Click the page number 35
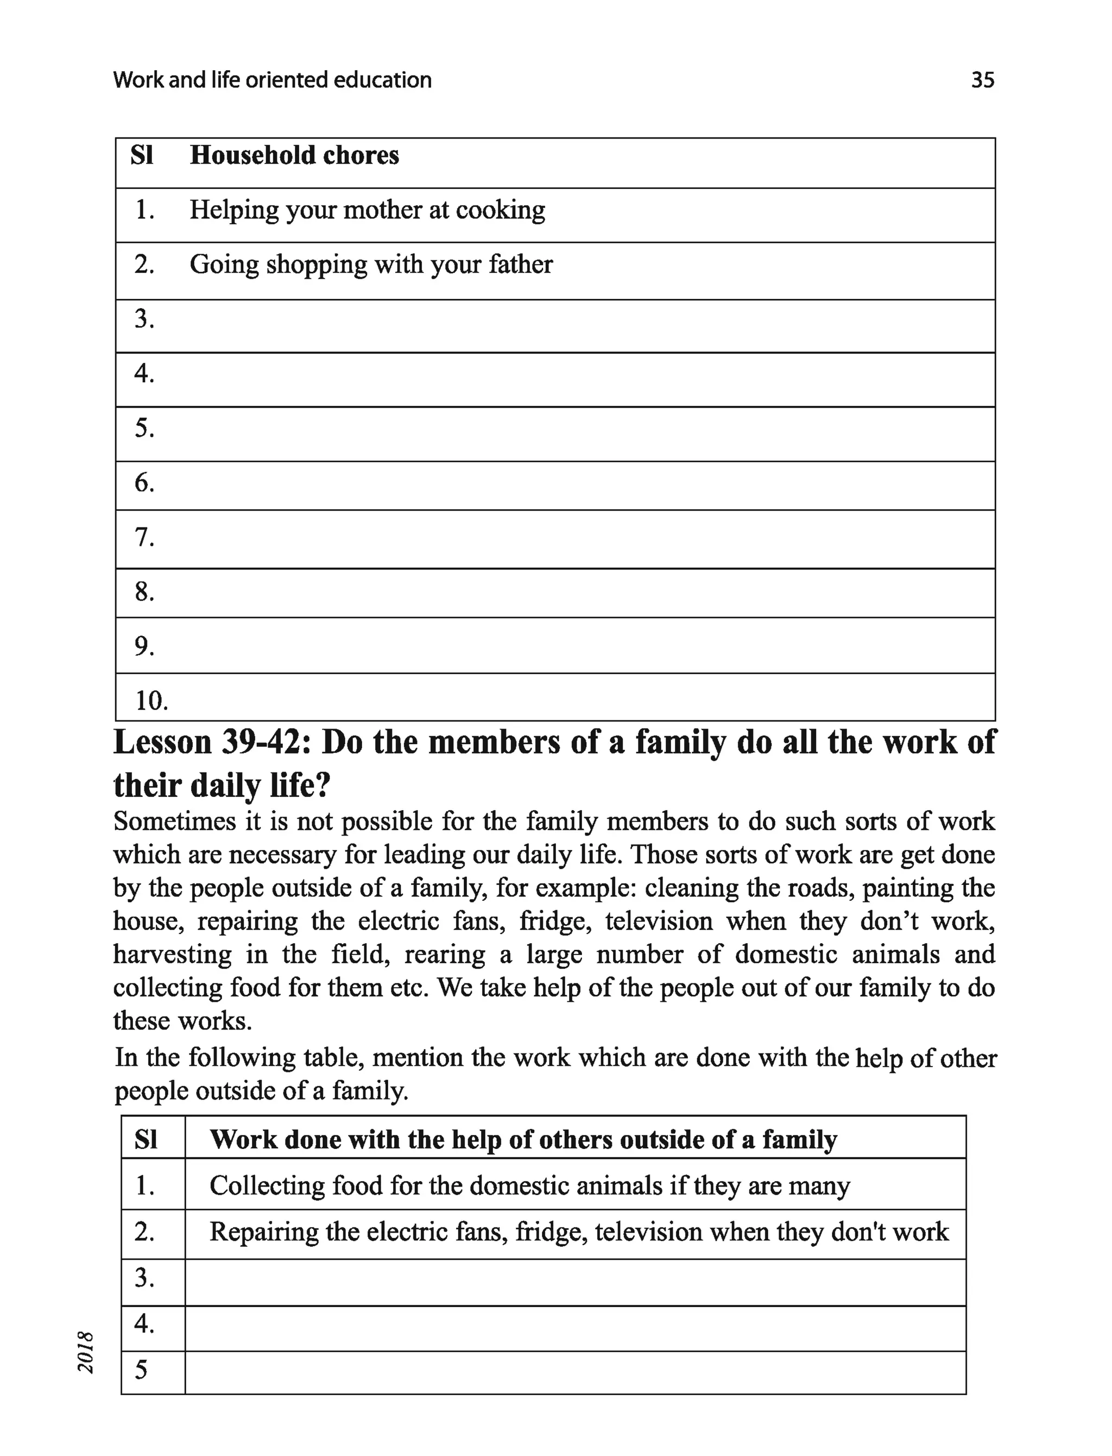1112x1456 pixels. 982,80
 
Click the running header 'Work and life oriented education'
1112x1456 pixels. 272,80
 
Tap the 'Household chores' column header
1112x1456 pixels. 294,155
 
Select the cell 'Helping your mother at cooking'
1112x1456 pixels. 368,211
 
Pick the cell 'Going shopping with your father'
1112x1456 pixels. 371,265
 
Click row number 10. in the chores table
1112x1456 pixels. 151,700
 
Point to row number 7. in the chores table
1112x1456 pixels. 144,537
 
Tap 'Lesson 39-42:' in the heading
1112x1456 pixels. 212,742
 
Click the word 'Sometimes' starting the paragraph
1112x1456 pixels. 175,821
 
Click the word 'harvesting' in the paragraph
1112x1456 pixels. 172,955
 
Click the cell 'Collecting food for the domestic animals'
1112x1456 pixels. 529,1185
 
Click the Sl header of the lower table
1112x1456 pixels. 146,1139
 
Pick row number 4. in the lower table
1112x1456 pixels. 144,1323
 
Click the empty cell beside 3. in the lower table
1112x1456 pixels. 574,1278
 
